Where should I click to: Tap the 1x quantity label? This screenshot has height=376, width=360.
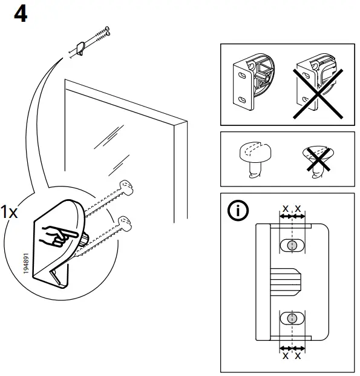[x=10, y=213]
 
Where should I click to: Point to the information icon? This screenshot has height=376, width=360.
[x=237, y=211]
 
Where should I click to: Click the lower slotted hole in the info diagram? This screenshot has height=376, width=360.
[x=292, y=318]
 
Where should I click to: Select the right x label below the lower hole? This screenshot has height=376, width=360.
[x=298, y=355]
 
